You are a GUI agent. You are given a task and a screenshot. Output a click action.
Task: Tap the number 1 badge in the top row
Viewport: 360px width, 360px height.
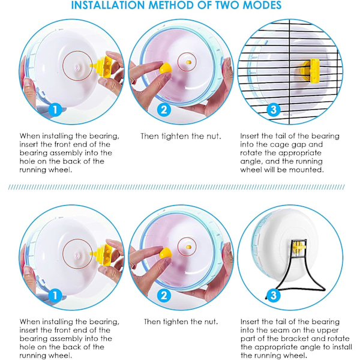pos(55,110)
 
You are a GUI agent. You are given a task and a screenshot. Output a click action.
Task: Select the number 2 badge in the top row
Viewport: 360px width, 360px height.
pos(164,110)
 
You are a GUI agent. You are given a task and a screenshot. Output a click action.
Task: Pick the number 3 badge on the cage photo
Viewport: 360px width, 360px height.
pos(274,110)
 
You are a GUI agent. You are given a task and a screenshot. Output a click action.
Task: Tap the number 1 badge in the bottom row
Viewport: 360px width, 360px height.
pos(55,295)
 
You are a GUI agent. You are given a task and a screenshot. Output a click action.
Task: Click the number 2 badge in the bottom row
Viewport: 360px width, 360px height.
pos(164,295)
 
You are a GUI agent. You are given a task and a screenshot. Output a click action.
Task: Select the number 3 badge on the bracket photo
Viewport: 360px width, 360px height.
pos(274,295)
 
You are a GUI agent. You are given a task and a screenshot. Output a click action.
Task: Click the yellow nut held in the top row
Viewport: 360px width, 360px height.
pos(166,68)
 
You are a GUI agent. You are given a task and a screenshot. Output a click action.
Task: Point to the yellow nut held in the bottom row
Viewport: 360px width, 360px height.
pos(166,253)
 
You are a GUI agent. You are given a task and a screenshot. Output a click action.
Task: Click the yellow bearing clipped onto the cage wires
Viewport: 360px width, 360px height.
pos(311,71)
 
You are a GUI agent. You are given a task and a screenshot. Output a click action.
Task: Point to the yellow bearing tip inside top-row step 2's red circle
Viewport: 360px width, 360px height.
pos(188,62)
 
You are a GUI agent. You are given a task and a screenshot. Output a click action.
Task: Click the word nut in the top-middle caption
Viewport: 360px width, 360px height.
pos(213,136)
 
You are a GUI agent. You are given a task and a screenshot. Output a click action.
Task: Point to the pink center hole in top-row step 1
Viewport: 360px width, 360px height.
pos(76,67)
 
